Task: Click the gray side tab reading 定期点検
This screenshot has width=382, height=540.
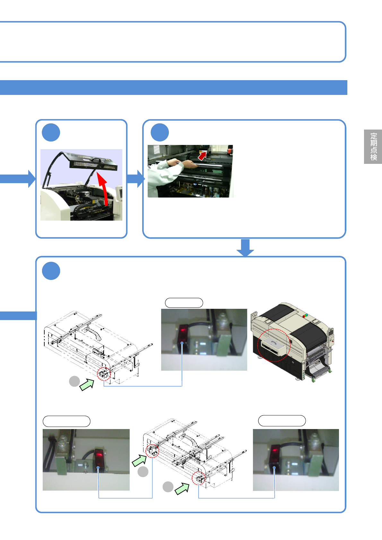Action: click(373, 147)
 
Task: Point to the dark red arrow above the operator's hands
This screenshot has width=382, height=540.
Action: click(202, 156)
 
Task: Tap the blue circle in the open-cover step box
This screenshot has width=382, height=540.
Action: click(51, 132)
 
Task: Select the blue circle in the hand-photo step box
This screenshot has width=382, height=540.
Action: click(160, 132)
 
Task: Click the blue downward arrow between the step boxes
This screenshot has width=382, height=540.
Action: click(245, 248)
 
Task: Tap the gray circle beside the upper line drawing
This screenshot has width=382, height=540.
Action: click(74, 381)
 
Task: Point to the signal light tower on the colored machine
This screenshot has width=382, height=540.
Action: click(305, 315)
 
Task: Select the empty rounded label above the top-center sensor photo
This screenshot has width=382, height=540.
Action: click(184, 303)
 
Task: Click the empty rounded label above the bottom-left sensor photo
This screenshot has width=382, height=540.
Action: click(66, 421)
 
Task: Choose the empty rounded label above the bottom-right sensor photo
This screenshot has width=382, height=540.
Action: click(282, 421)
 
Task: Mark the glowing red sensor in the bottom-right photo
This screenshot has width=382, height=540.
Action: click(274, 456)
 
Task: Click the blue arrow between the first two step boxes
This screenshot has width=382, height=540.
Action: click(135, 179)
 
